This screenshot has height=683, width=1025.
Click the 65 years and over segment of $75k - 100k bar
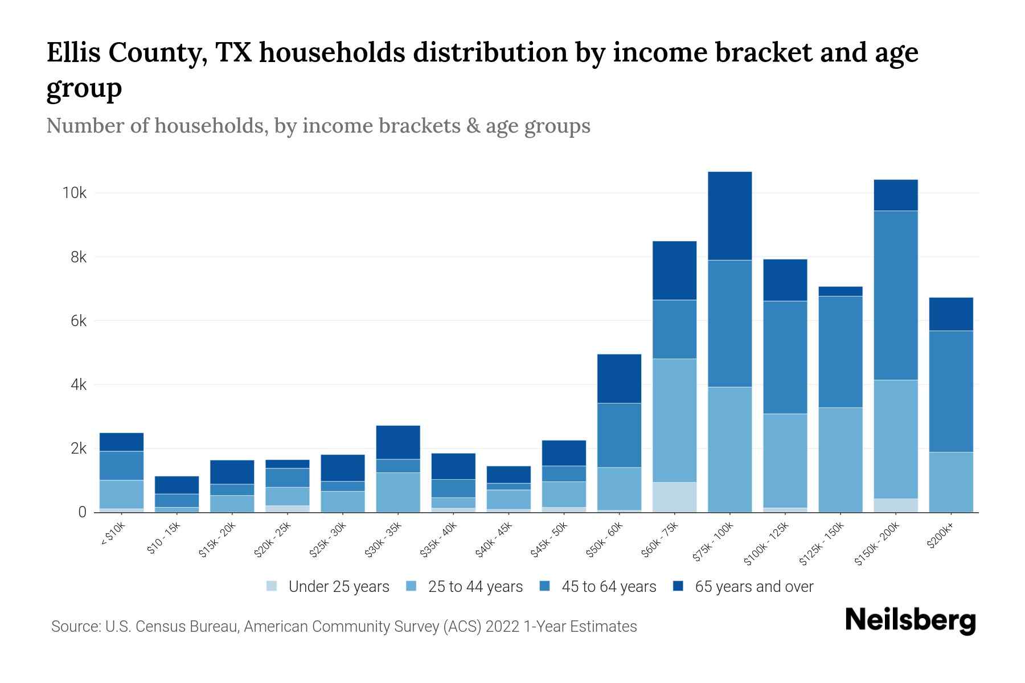(x=729, y=216)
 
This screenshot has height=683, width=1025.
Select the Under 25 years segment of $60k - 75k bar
(x=674, y=497)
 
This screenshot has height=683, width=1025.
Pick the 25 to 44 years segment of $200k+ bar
(x=950, y=482)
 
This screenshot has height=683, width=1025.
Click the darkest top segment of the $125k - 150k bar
(x=840, y=291)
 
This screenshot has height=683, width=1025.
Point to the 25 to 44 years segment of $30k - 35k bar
(x=398, y=492)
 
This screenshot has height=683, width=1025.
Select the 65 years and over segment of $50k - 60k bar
(x=619, y=378)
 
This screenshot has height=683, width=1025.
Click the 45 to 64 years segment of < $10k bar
(x=121, y=466)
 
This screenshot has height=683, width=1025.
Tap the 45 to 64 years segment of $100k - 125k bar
(x=785, y=357)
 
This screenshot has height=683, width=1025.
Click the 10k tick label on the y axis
(x=75, y=193)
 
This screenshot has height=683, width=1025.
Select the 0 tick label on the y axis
(x=83, y=512)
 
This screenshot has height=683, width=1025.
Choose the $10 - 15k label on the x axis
(x=163, y=539)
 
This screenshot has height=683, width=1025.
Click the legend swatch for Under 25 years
(x=272, y=586)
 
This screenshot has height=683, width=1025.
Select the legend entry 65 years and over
(x=753, y=586)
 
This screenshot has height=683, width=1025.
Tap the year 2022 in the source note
(x=503, y=627)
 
